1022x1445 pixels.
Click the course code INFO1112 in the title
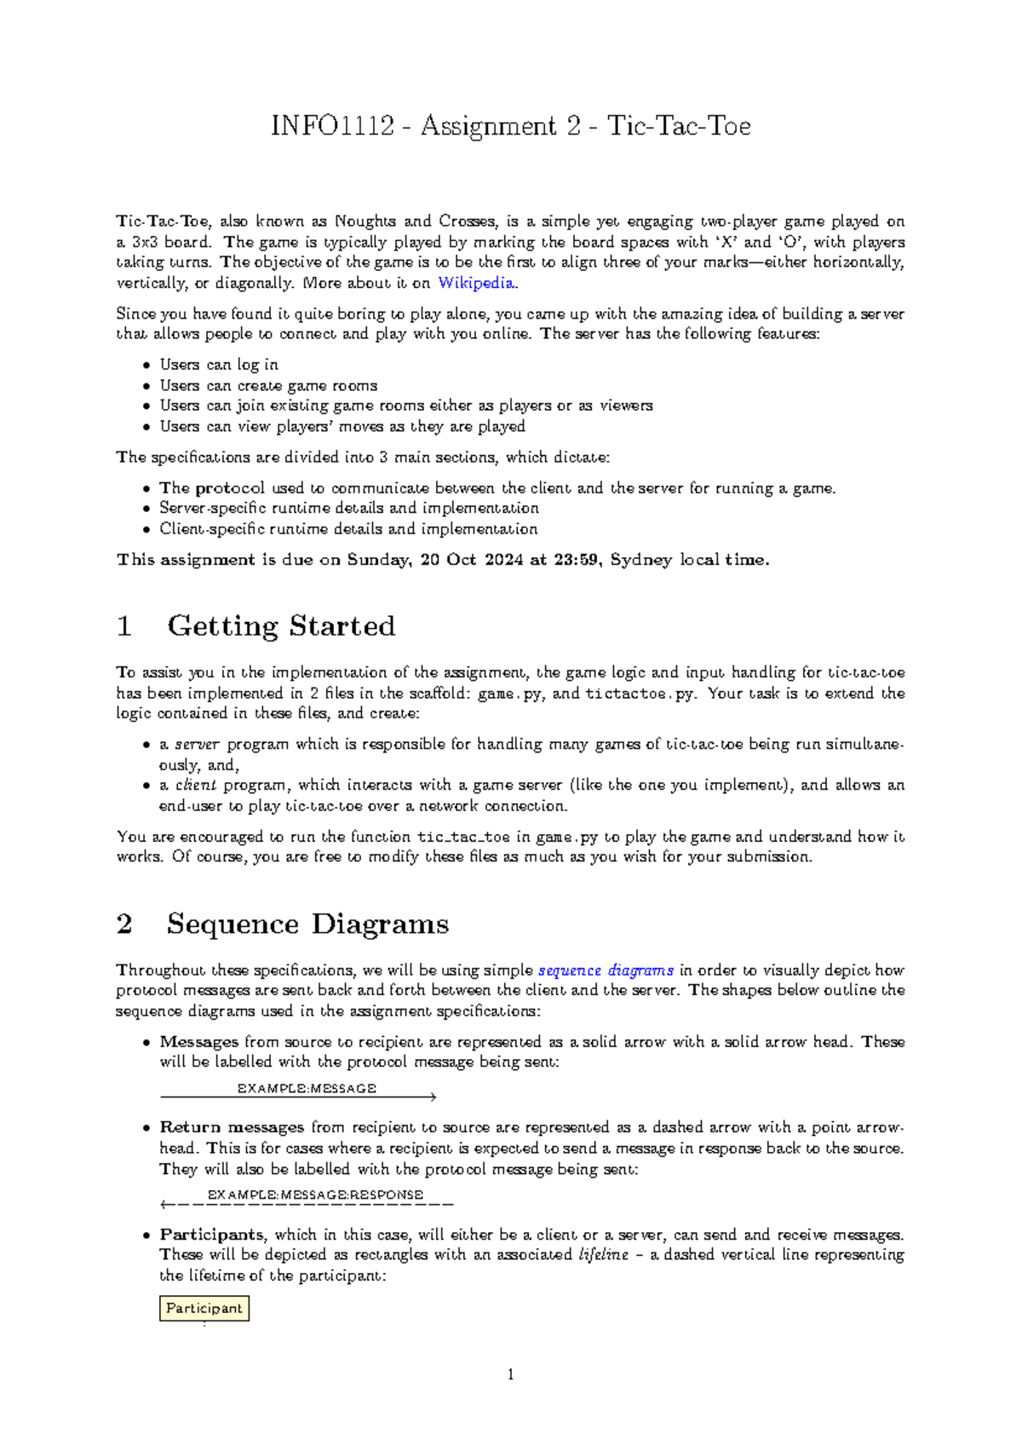tap(332, 126)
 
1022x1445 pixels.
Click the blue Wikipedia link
tap(475, 283)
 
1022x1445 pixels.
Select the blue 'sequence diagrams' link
tap(606, 970)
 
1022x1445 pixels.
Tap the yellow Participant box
tap(204, 1308)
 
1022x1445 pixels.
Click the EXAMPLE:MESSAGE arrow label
tap(307, 1088)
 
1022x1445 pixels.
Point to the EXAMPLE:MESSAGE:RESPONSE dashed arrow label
tap(315, 1195)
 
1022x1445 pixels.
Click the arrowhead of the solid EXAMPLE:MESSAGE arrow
tap(433, 1097)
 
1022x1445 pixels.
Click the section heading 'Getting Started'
tap(281, 626)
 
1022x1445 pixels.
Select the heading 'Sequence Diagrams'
tap(307, 924)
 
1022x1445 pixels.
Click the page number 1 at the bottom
tap(510, 1374)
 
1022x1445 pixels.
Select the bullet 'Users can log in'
tap(219, 365)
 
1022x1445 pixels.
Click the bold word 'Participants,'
tap(213, 1235)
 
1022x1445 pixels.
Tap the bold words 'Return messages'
tap(232, 1127)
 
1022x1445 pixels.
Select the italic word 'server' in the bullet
tap(197, 744)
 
